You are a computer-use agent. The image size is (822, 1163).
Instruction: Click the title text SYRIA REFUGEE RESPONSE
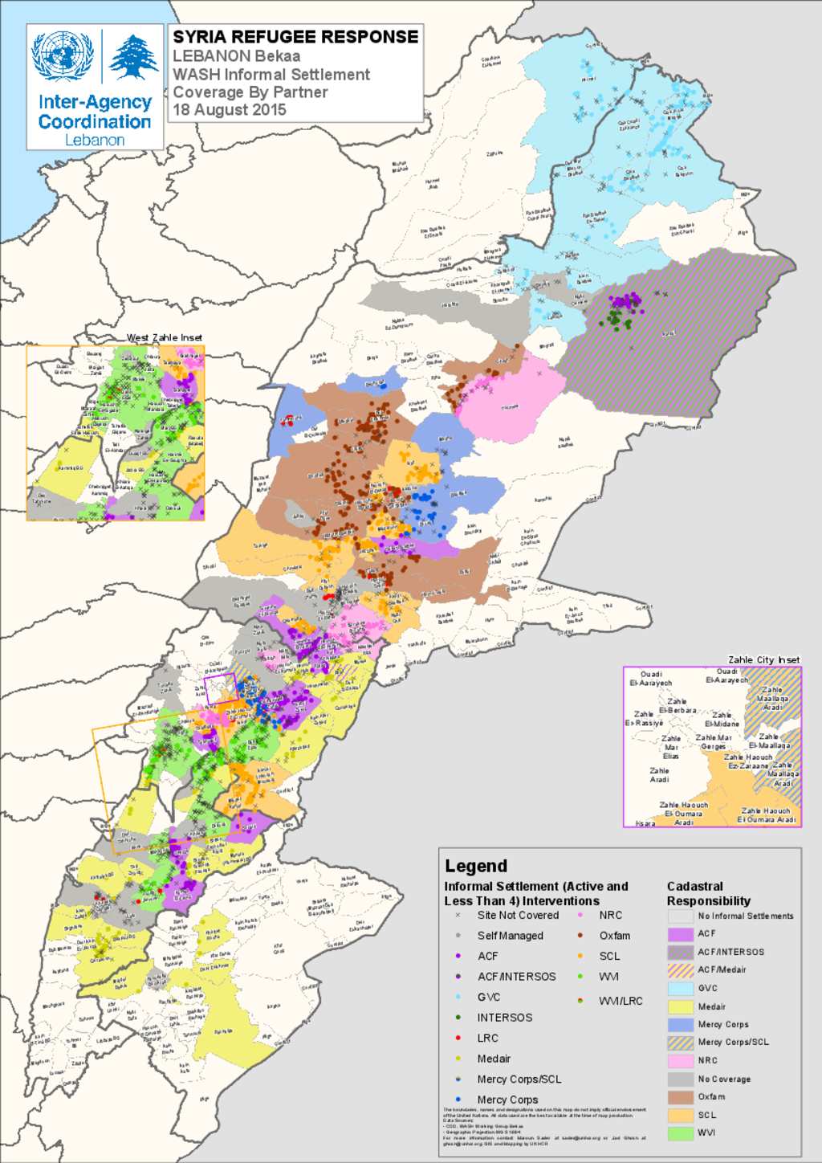click(295, 37)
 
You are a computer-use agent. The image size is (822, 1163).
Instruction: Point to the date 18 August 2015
click(230, 110)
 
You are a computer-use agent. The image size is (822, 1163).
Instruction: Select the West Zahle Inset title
click(165, 337)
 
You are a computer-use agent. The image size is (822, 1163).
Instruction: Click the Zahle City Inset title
click(763, 659)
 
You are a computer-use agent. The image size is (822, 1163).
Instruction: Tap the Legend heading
click(476, 866)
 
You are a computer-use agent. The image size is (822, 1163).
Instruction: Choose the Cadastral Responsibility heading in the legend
click(708, 893)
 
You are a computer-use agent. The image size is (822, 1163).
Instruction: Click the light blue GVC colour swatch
click(680, 989)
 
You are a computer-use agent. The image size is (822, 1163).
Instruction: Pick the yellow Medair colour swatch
click(680, 1007)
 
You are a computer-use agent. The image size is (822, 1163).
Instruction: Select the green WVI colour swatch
click(680, 1133)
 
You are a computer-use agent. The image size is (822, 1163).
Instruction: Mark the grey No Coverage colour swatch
click(680, 1079)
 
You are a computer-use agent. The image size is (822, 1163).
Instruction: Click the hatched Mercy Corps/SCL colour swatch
click(680, 1043)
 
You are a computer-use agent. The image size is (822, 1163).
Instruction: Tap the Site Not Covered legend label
click(518, 915)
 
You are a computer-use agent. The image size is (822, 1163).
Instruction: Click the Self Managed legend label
click(510, 936)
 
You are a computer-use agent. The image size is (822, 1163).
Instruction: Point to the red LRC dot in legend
click(458, 1039)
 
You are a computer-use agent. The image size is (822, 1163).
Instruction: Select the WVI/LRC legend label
click(621, 1001)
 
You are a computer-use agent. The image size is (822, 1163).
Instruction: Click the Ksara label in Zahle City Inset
click(645, 823)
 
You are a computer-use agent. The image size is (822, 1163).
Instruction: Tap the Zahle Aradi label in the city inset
click(659, 775)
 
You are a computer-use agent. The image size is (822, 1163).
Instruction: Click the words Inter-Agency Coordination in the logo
click(95, 112)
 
